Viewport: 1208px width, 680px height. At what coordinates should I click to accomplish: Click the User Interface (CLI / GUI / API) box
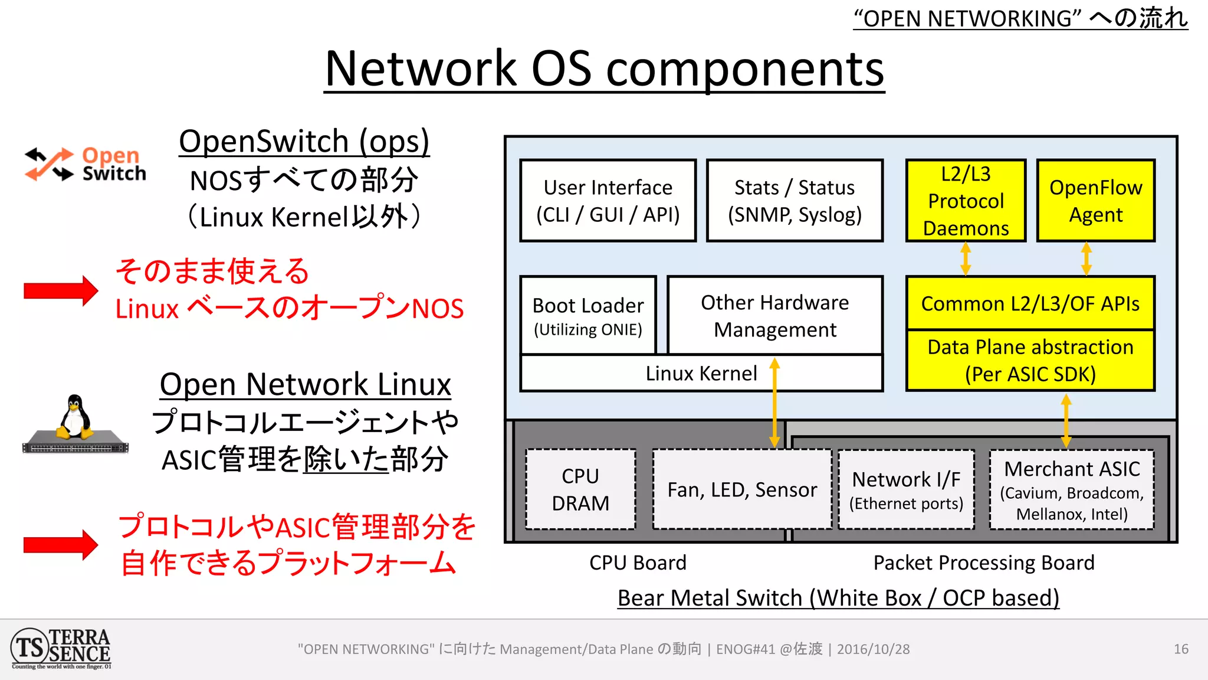pos(608,201)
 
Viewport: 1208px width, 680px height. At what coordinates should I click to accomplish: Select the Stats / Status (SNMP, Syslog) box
pos(795,201)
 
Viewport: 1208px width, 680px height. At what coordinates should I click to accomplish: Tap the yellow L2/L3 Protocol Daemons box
pos(966,201)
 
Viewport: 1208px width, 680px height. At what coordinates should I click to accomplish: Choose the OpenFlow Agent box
pos(1095,201)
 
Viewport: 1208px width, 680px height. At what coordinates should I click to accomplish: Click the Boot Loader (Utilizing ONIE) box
pos(588,316)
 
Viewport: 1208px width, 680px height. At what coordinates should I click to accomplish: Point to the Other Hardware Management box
pos(774,316)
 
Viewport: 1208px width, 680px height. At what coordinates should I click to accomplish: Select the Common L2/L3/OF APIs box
pos(1030,303)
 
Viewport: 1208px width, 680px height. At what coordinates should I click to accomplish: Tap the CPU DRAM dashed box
pos(580,489)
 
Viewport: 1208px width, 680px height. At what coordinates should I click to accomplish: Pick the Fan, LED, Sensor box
pos(742,489)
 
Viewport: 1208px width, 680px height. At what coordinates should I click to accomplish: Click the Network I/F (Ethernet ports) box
pos(906,489)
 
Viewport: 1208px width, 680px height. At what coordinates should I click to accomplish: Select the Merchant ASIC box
pos(1072,489)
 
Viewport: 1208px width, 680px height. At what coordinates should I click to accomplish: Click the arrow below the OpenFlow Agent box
pos(1086,259)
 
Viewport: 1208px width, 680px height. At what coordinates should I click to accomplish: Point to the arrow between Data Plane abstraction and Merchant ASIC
pos(1066,421)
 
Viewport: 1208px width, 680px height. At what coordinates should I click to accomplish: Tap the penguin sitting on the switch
pos(75,418)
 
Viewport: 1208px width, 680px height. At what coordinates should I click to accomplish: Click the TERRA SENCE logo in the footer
pos(61,648)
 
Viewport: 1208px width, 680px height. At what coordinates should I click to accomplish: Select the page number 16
pos(1181,649)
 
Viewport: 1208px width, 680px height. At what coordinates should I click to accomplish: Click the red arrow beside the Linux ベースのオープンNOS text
pos(60,290)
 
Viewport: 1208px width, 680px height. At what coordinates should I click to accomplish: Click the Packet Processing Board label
pos(983,563)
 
